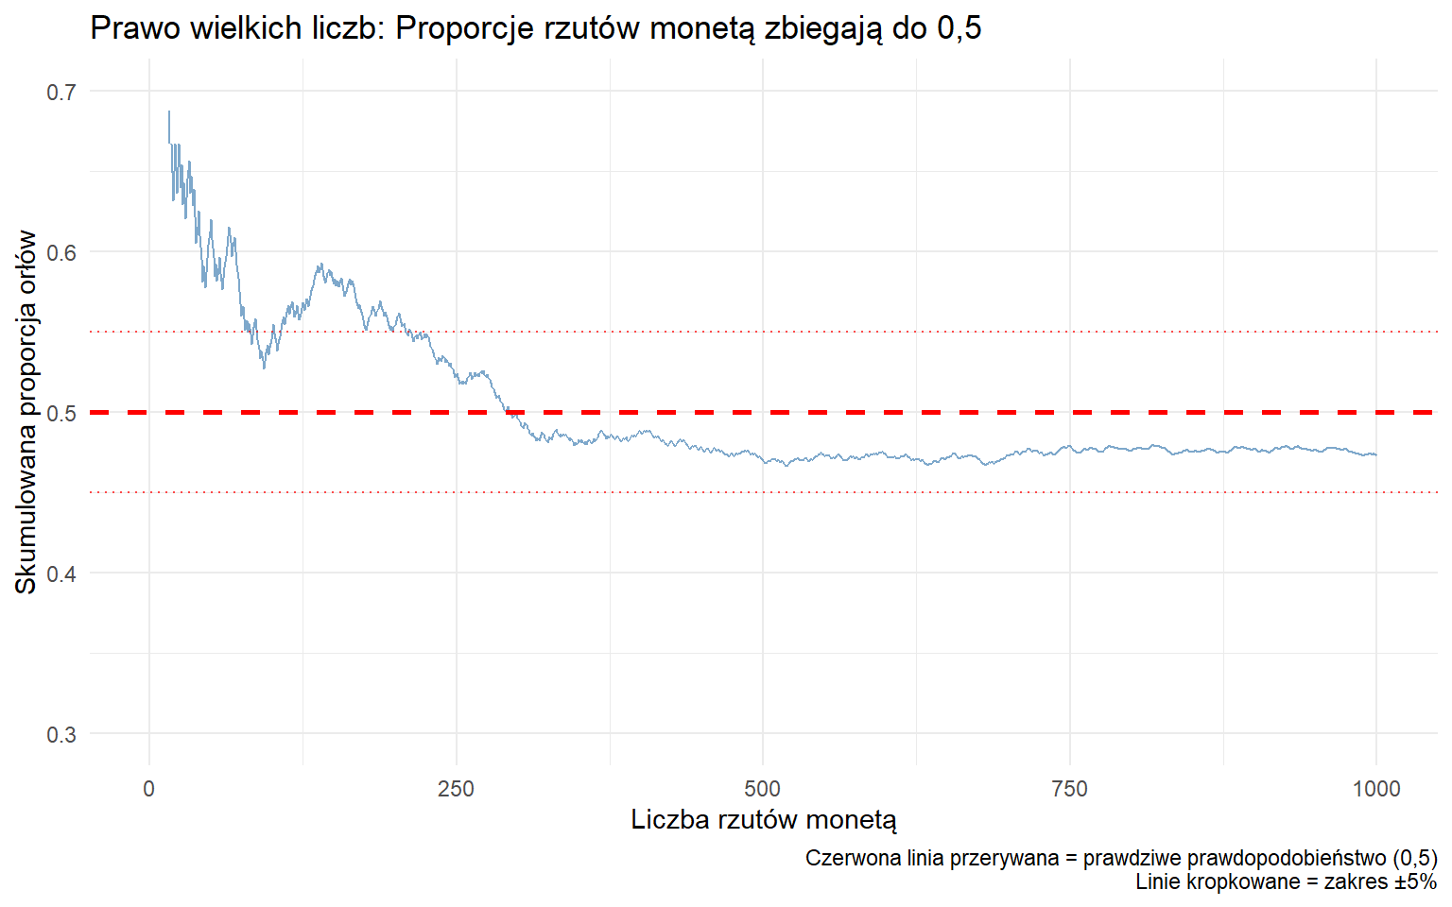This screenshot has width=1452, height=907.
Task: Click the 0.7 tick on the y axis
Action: [x=61, y=92]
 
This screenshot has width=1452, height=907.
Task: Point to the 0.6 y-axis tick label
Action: [x=61, y=252]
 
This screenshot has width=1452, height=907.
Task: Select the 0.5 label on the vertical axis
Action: [x=61, y=413]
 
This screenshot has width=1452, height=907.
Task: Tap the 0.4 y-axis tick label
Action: [x=61, y=573]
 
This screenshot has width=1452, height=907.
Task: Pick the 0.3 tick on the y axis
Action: [x=61, y=734]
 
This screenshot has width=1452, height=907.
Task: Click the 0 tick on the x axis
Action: [x=149, y=789]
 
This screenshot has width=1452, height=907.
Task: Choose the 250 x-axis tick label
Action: [x=456, y=789]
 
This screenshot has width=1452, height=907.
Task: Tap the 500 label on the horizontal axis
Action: [x=763, y=789]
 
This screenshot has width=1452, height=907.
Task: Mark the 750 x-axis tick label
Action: [x=1069, y=789]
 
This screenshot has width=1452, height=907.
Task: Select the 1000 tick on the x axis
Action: [x=1376, y=789]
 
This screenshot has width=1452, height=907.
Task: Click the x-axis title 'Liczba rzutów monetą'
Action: [x=764, y=819]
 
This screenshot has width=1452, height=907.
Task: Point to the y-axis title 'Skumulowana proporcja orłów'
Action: [x=26, y=412]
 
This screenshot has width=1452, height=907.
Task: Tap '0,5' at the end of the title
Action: [x=959, y=28]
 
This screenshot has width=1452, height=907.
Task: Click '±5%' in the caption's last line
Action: [x=1415, y=881]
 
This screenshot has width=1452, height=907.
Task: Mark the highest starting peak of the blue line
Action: [x=169, y=111]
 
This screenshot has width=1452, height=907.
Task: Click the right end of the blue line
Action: [x=1376, y=454]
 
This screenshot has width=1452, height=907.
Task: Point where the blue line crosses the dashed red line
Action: [x=508, y=412]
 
